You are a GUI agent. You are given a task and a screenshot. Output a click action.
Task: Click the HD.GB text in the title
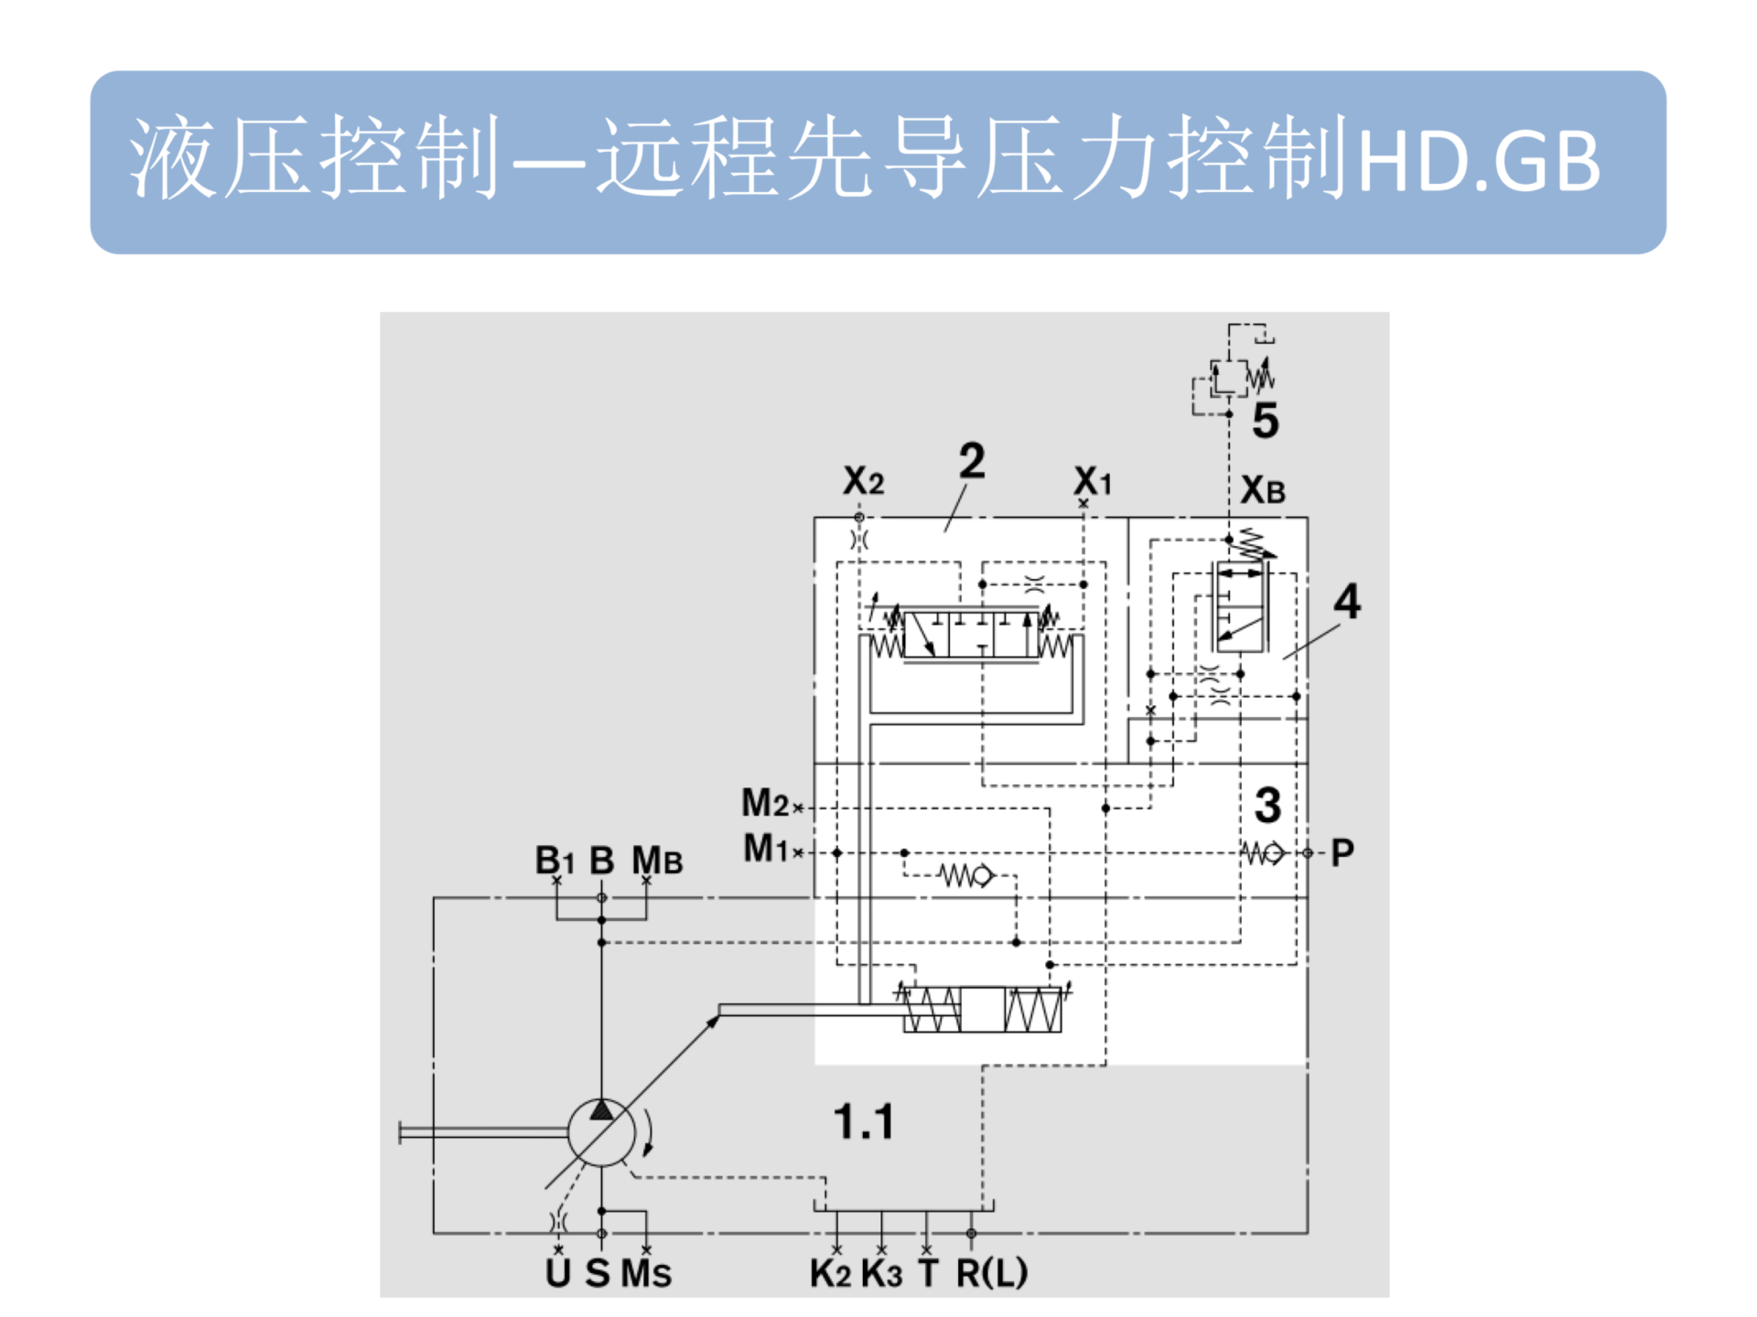coord(1479,162)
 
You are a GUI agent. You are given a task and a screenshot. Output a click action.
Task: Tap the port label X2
coord(863,480)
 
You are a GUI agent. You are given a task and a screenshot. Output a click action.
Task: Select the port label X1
coord(1093,480)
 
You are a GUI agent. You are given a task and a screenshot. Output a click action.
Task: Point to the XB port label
coord(1263,490)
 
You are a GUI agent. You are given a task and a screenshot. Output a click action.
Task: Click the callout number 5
coord(1265,421)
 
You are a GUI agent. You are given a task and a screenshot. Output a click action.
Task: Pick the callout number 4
coord(1346,602)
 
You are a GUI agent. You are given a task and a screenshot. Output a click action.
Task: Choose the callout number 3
coord(1267,806)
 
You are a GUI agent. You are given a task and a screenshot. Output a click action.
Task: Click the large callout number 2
coord(972,460)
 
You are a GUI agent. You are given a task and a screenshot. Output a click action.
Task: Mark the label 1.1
coord(863,1122)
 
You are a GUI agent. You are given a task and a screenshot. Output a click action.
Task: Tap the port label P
coord(1342,852)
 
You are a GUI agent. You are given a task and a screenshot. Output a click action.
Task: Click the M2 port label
coord(765,804)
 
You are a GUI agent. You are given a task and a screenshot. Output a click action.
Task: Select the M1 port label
coord(765,849)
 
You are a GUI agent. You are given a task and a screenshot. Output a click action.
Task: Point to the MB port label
coord(657,861)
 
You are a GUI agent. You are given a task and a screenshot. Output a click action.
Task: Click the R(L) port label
coord(992,1272)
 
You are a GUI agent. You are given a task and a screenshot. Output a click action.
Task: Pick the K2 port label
coord(830,1273)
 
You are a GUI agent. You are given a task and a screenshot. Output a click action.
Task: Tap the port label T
coord(928,1272)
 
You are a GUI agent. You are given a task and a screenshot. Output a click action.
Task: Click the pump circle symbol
coord(601,1132)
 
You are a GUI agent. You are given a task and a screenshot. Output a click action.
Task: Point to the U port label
coord(557,1273)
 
